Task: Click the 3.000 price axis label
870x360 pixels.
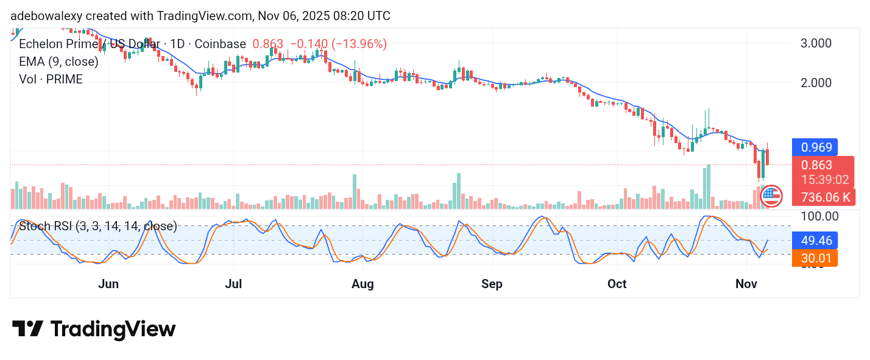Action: pyautogui.click(x=815, y=43)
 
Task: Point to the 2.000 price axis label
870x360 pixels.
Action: pyautogui.click(x=815, y=83)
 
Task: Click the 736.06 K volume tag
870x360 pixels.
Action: pyautogui.click(x=825, y=197)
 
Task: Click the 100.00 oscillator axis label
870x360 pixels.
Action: pyautogui.click(x=818, y=216)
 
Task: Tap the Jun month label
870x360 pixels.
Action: pyautogui.click(x=108, y=284)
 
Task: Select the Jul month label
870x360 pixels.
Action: pyautogui.click(x=234, y=284)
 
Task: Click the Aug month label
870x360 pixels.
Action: pyautogui.click(x=362, y=284)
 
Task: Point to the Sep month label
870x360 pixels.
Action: pyautogui.click(x=492, y=284)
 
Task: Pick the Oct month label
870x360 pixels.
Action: pyautogui.click(x=617, y=284)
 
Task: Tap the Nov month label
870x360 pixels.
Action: pyautogui.click(x=746, y=284)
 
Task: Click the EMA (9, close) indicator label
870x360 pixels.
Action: pyautogui.click(x=58, y=62)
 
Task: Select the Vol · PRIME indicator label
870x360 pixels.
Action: pyautogui.click(x=51, y=79)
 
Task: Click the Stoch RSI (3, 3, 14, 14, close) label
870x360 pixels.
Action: pyautogui.click(x=98, y=227)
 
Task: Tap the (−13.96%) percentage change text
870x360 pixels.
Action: pyautogui.click(x=359, y=44)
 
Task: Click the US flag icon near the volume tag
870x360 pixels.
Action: pyautogui.click(x=771, y=196)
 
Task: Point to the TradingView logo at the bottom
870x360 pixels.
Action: pyautogui.click(x=94, y=330)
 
